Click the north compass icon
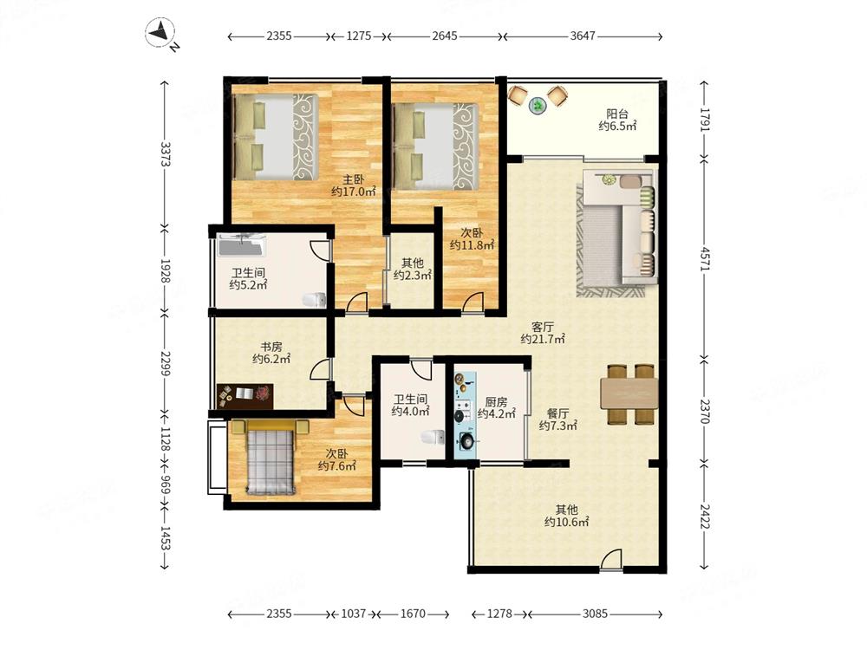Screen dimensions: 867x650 coord(161,33)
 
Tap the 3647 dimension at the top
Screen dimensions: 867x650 coord(583,36)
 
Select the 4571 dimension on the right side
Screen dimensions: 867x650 coord(704,258)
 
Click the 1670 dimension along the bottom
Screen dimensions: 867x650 coord(413,614)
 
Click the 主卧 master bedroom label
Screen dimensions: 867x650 coord(354,179)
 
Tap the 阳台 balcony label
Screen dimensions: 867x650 coord(617,114)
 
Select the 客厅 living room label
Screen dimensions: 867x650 coord(543,328)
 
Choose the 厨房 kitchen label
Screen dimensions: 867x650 coord(496,402)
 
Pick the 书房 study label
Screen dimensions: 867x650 coord(271,347)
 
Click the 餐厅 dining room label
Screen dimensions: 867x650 coord(557,413)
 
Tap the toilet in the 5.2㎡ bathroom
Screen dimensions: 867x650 coord(314,300)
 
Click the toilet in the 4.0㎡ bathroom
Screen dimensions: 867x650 coord(433,437)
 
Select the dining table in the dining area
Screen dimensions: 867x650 coord(629,393)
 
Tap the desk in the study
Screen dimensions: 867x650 coord(245,396)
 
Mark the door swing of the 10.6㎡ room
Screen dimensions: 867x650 coord(610,558)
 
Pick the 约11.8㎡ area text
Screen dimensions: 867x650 coord(472,245)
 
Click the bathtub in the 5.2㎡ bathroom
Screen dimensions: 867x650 coord(242,245)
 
